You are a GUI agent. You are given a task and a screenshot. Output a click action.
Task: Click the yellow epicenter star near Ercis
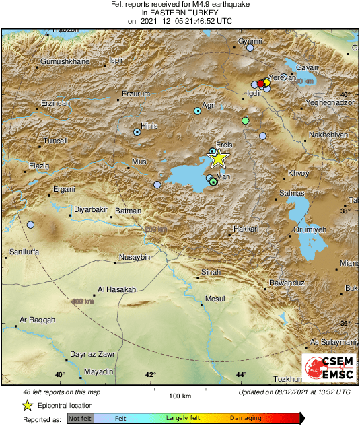tap(218, 158)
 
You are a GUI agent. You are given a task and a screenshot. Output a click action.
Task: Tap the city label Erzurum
tap(135, 94)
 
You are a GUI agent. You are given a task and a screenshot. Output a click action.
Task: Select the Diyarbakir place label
tap(91, 210)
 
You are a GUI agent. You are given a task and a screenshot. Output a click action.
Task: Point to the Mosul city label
tap(215, 298)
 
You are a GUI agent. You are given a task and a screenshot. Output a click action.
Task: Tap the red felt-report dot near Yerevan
tap(261, 83)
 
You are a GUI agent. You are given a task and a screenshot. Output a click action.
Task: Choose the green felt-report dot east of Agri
tap(246, 120)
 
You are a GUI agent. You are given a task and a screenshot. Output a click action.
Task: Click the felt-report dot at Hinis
tap(137, 132)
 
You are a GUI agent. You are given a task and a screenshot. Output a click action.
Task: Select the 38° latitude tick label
tap(345, 211)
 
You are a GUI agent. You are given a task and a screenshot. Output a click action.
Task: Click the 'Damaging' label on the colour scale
tap(246, 418)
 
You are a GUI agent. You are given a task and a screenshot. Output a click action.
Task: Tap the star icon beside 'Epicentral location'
tap(28, 405)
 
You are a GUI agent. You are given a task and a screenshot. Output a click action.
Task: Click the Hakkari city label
tap(246, 229)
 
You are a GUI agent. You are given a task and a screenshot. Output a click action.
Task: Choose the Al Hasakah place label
tap(116, 289)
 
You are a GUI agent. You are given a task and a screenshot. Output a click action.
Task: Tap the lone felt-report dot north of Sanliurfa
tap(30, 225)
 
